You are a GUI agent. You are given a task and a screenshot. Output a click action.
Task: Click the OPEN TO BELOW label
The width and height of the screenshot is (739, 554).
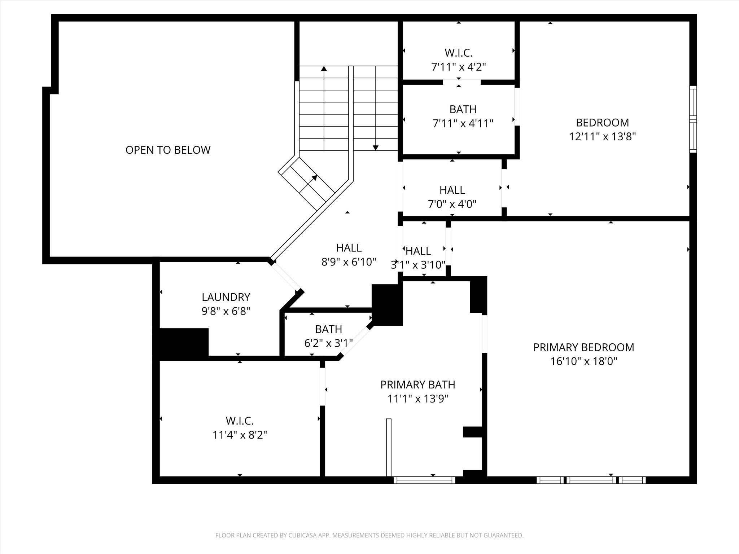coord(168,150)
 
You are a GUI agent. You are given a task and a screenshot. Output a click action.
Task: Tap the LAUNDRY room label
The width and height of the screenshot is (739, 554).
coord(226,297)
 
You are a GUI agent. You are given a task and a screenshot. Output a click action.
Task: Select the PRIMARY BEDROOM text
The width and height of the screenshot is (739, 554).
coord(583,347)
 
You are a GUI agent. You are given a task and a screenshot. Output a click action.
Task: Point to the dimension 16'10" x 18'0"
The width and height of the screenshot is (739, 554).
coord(583,361)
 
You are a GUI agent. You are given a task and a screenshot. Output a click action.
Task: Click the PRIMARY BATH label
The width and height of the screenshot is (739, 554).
coord(417,385)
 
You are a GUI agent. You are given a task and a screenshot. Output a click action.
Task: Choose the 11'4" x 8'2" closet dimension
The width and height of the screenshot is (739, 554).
coord(240,435)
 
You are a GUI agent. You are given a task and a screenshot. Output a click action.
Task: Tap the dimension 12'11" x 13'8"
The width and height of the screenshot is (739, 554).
coord(602,137)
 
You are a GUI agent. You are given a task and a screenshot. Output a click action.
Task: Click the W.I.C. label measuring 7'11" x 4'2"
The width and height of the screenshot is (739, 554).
coord(458,53)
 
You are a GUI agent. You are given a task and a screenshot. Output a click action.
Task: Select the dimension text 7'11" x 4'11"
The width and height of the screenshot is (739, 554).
coord(463,124)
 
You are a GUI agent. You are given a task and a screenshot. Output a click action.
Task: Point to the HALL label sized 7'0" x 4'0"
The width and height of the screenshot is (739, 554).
coord(452,190)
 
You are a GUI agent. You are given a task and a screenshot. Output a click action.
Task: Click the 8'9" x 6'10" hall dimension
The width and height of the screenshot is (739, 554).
coord(349,262)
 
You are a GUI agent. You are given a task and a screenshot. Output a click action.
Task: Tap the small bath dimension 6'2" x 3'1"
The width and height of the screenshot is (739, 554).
coord(328,343)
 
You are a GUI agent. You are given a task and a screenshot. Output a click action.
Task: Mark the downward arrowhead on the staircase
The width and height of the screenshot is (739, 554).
coord(376,148)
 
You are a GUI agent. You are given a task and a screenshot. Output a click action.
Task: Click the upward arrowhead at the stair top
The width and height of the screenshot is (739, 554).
coord(324,69)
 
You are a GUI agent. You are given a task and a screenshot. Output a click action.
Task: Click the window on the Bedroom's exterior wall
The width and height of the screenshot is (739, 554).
coord(693,119)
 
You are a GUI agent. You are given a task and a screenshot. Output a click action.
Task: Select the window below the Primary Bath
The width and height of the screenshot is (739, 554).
coord(424,480)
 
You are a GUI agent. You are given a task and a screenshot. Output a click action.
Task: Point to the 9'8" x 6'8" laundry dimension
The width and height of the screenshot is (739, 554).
coord(226,311)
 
